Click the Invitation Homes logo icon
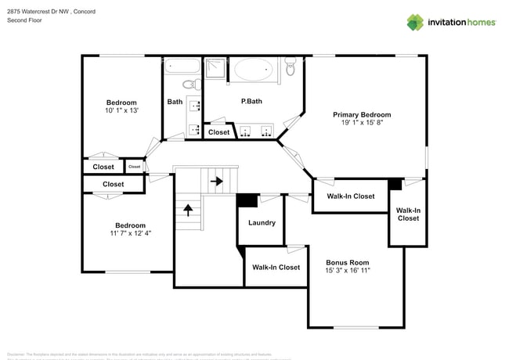tap(415, 22)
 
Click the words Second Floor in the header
tap(24, 20)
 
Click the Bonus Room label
tap(347, 262)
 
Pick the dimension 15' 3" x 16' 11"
tap(347, 271)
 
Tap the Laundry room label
tap(262, 223)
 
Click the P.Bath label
tap(251, 102)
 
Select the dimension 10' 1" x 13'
tap(121, 111)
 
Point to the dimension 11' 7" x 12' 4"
tap(131, 233)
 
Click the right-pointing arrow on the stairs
tap(217, 182)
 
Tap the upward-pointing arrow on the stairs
tap(188, 209)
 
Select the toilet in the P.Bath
tap(291, 69)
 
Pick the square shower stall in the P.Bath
tap(215, 69)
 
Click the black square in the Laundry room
tap(247, 200)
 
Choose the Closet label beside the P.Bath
tap(219, 132)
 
